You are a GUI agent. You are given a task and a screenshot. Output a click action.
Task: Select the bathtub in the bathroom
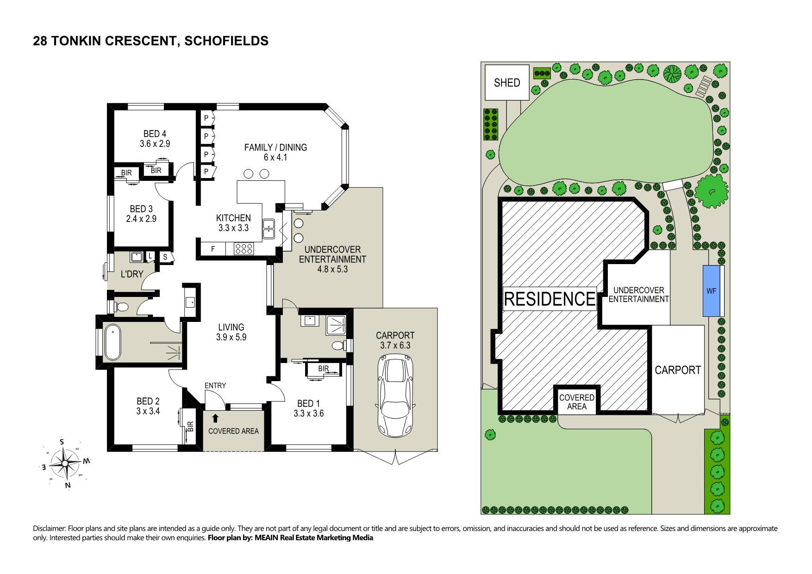tap(112, 343)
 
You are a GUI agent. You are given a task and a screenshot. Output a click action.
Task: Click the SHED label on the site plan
tap(507, 83)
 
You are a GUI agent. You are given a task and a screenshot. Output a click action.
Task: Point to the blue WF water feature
tap(711, 291)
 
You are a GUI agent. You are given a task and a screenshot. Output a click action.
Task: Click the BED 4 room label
tap(155, 134)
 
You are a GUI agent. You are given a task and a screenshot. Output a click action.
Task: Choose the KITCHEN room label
tap(233, 218)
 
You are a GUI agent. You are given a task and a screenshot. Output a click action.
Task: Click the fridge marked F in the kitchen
tap(213, 249)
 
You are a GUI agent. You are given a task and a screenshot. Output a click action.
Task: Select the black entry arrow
tap(215, 418)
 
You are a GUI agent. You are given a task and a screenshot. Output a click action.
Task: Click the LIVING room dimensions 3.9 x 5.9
tap(231, 337)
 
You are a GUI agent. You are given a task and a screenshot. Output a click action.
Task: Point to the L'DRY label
tap(132, 274)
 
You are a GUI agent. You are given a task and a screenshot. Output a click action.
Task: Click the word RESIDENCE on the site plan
tap(550, 299)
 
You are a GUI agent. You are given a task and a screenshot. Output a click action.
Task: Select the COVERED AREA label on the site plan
tap(576, 402)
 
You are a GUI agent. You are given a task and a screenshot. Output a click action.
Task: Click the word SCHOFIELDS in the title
tap(226, 41)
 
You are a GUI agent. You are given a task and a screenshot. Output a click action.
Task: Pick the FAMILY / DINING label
tap(275, 147)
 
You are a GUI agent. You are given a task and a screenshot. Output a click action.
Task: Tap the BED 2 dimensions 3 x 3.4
tap(148, 411)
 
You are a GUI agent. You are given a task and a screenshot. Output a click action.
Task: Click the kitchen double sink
tap(268, 229)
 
